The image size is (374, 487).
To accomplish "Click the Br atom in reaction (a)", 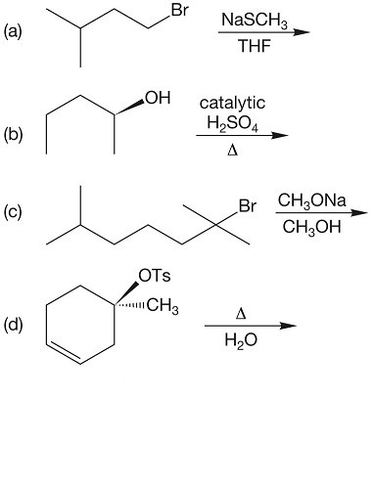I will coord(178,12).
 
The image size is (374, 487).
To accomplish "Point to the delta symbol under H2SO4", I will coord(231,152).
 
